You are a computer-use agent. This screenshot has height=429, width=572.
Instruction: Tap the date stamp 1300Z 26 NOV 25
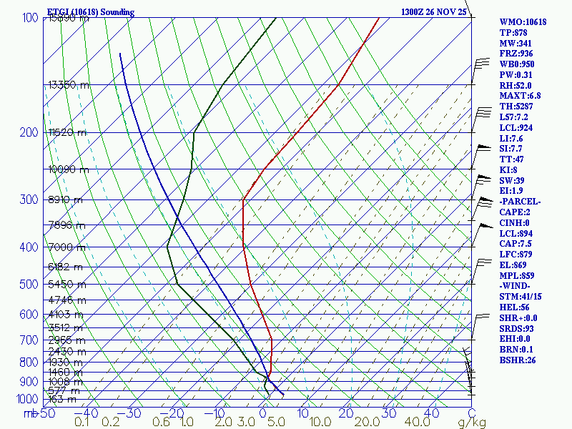433,12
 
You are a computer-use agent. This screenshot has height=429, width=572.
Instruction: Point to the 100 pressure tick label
30,17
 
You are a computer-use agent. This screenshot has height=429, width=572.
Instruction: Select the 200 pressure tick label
30,132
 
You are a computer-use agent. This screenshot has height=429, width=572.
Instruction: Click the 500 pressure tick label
30,285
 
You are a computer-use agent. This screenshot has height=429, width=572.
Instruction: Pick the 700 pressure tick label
30,340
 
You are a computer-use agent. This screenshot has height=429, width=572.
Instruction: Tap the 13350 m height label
69,84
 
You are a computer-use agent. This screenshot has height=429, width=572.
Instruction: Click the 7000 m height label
66,247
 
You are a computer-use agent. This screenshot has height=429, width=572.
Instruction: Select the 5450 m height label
66,284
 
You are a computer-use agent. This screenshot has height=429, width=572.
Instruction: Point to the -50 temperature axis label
46,413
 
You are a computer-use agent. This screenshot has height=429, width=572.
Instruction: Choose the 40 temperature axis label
431,413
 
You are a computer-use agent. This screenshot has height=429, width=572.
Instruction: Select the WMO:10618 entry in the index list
523,22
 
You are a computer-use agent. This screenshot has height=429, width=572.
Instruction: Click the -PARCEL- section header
521,202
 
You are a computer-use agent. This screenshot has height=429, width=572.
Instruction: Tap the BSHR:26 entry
518,360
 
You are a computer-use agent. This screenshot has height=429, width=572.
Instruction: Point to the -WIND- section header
516,286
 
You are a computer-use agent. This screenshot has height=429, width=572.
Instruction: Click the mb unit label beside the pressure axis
30,413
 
